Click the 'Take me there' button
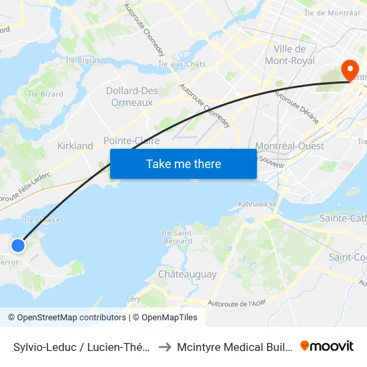coord(183,164)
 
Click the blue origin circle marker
coord(18,246)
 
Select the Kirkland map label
coord(75,145)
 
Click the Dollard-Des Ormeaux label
coord(129,96)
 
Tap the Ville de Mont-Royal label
coord(290,55)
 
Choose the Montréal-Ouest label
coord(290,145)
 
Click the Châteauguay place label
coord(188,274)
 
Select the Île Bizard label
coord(46,94)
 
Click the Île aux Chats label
coord(182,64)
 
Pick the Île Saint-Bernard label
coord(177,236)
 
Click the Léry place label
coord(133,299)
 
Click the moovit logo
coord(326,346)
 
